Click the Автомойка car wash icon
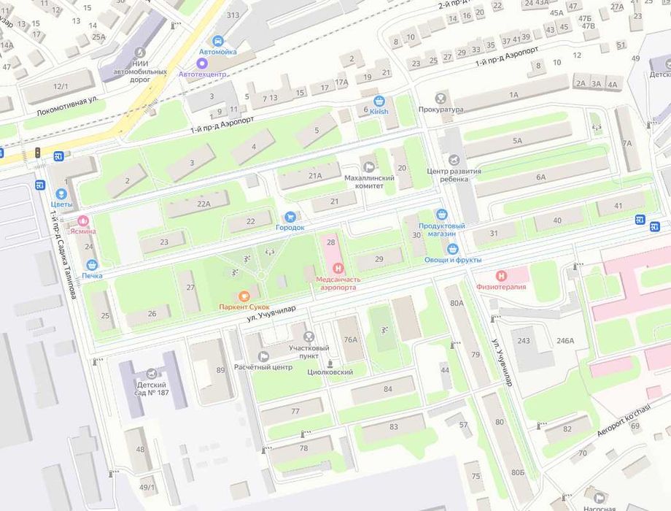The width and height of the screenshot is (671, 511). [217, 41]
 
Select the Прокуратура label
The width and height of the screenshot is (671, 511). [441, 109]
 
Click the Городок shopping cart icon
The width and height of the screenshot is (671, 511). [290, 216]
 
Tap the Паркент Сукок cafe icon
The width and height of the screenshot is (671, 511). [245, 296]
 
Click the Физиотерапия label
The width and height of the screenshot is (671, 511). [500, 287]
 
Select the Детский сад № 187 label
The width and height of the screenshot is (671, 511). [152, 389]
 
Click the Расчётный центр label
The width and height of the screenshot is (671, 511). [263, 367]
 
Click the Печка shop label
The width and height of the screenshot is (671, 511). [92, 275]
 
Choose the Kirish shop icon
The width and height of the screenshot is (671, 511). [379, 101]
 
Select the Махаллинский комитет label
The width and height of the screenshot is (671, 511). [369, 182]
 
